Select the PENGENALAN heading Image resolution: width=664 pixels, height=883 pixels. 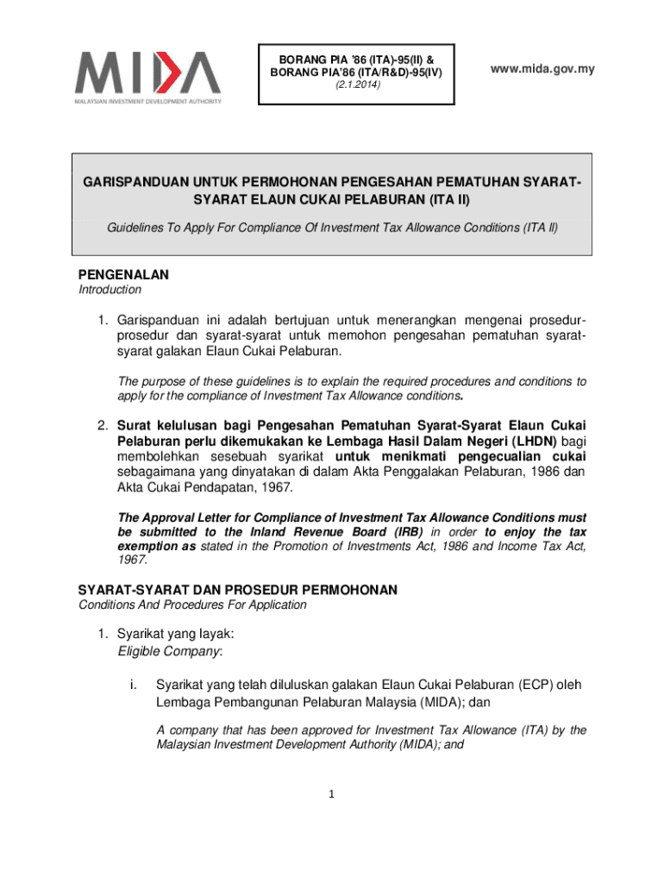pos(123,275)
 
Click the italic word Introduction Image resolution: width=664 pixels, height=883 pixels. pos(110,291)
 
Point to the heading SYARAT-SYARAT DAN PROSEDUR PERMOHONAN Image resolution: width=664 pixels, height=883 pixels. pos(237,590)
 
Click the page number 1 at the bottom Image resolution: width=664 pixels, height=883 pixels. pos(332,794)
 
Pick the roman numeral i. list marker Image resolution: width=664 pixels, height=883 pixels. pos(132,686)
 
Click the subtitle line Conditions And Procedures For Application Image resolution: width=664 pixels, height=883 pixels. pos(192,604)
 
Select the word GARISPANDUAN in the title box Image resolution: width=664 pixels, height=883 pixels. pos(133,183)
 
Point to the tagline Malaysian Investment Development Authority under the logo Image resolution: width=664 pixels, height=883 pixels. pos(147,101)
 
